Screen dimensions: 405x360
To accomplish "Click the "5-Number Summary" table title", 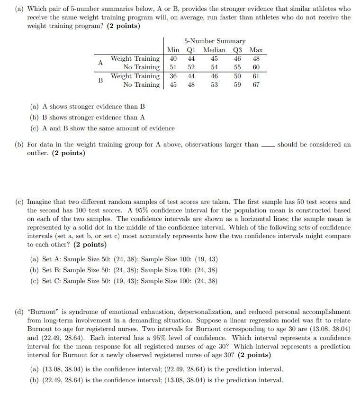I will (215, 41).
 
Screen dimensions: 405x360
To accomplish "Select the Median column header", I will (214, 50).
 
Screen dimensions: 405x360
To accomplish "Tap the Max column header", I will (256, 50).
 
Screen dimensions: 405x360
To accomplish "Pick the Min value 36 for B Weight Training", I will (173, 76).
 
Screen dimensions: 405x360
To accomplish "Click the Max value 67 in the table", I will (256, 84).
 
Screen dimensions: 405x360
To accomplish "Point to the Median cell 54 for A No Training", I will (214, 67).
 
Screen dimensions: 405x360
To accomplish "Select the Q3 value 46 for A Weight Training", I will (237, 58).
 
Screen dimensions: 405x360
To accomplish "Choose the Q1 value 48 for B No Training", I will (191, 84).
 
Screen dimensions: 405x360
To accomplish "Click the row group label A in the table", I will (100, 63).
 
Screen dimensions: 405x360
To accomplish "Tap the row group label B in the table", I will (100, 80).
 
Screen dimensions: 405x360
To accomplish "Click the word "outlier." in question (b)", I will (37, 153).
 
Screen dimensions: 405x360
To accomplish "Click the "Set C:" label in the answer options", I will (52, 281).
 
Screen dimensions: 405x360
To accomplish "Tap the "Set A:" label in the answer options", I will (52, 259).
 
